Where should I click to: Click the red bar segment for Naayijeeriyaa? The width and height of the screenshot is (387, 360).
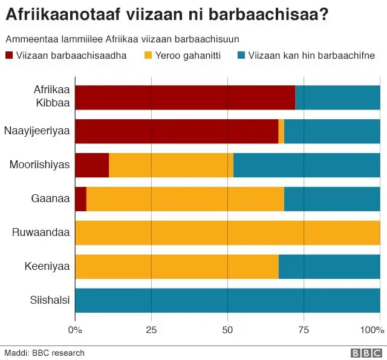(177, 131)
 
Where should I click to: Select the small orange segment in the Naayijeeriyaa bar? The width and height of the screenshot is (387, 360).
(281, 131)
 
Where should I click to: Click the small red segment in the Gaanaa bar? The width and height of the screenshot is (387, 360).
(81, 199)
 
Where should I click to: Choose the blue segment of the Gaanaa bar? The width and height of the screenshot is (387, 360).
(332, 199)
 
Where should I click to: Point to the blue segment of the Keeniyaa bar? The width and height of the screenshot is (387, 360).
(330, 267)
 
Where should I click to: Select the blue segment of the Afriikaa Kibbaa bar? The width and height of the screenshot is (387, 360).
(337, 97)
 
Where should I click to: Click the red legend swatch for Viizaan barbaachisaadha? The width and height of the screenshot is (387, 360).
(10, 56)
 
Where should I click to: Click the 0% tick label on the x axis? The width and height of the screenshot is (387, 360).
(75, 330)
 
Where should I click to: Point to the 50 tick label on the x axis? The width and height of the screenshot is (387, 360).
(227, 330)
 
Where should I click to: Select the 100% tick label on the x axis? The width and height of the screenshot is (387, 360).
(372, 330)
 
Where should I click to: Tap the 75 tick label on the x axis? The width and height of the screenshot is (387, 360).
(304, 330)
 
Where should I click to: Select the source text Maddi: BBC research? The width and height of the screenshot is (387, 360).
(44, 353)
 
